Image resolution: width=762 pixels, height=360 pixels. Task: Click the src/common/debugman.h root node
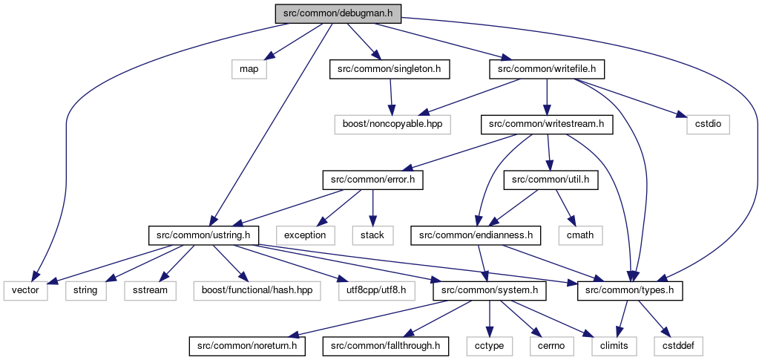tap(338, 13)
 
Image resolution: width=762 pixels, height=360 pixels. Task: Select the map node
tap(249, 70)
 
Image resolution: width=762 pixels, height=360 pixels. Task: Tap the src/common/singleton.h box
tap(390, 70)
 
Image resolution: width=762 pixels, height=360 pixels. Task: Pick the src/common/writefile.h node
tap(547, 70)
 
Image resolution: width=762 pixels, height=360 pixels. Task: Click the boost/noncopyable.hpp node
tap(393, 125)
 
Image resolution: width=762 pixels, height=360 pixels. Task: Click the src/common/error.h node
tap(372, 180)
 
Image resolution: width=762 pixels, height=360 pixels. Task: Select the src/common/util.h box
tap(550, 180)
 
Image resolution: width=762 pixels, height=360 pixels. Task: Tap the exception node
tap(306, 235)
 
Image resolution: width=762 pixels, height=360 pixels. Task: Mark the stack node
tap(372, 235)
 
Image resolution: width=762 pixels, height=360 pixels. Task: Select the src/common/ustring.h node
tap(203, 235)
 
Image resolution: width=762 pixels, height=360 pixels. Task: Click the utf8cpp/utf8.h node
tap(378, 291)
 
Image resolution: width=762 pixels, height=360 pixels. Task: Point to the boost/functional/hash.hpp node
tap(257, 291)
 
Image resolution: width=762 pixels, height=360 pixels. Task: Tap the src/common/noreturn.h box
tap(247, 347)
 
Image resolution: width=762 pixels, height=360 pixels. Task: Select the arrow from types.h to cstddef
tap(653, 318)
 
